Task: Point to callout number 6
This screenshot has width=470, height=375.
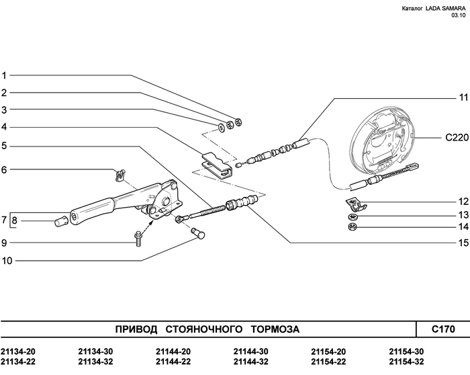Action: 4,170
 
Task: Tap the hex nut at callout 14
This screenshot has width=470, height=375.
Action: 354,226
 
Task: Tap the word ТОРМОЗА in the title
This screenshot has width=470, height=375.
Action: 275,329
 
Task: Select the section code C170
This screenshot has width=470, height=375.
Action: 442,329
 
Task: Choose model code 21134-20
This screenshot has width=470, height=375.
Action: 18,351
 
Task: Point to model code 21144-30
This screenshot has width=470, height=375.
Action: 251,351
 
